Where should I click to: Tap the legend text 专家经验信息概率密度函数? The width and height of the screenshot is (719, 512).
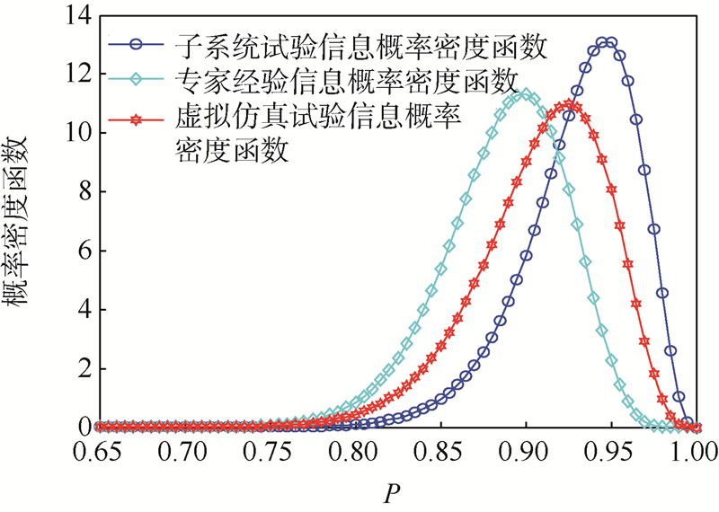343,81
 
